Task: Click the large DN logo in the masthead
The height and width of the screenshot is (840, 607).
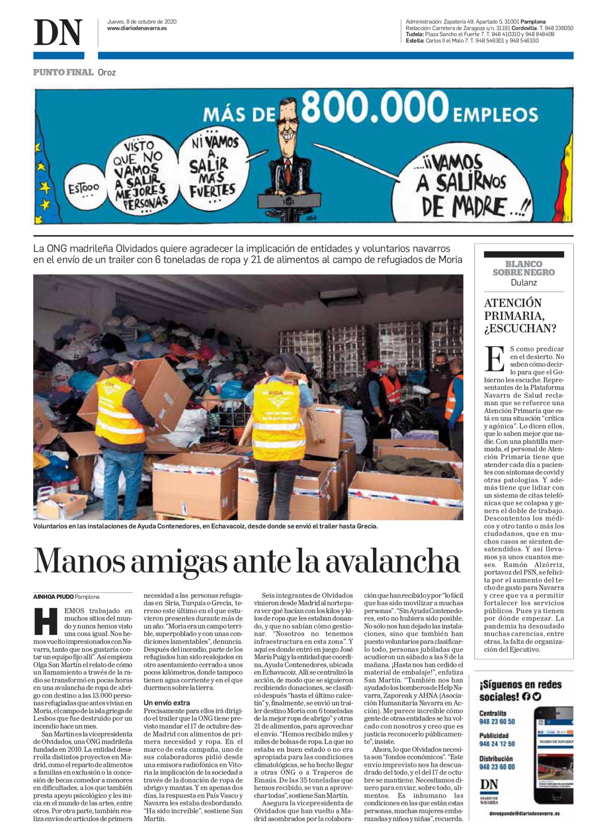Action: [58, 32]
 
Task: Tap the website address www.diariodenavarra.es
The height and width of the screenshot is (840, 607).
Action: [137, 28]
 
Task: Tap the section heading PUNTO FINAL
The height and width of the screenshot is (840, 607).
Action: [63, 72]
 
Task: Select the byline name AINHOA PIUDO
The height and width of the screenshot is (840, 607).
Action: [53, 597]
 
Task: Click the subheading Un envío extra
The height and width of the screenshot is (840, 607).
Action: [167, 703]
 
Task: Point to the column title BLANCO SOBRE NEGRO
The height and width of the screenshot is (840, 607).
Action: [523, 268]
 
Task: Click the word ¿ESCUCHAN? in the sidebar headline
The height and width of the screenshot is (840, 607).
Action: [520, 328]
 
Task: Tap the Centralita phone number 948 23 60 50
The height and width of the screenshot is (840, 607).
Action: [497, 721]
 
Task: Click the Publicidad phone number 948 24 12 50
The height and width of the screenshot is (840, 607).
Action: [497, 744]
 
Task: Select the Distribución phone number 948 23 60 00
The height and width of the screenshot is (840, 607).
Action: [497, 766]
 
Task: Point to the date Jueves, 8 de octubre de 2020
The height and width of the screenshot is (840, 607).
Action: [142, 21]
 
